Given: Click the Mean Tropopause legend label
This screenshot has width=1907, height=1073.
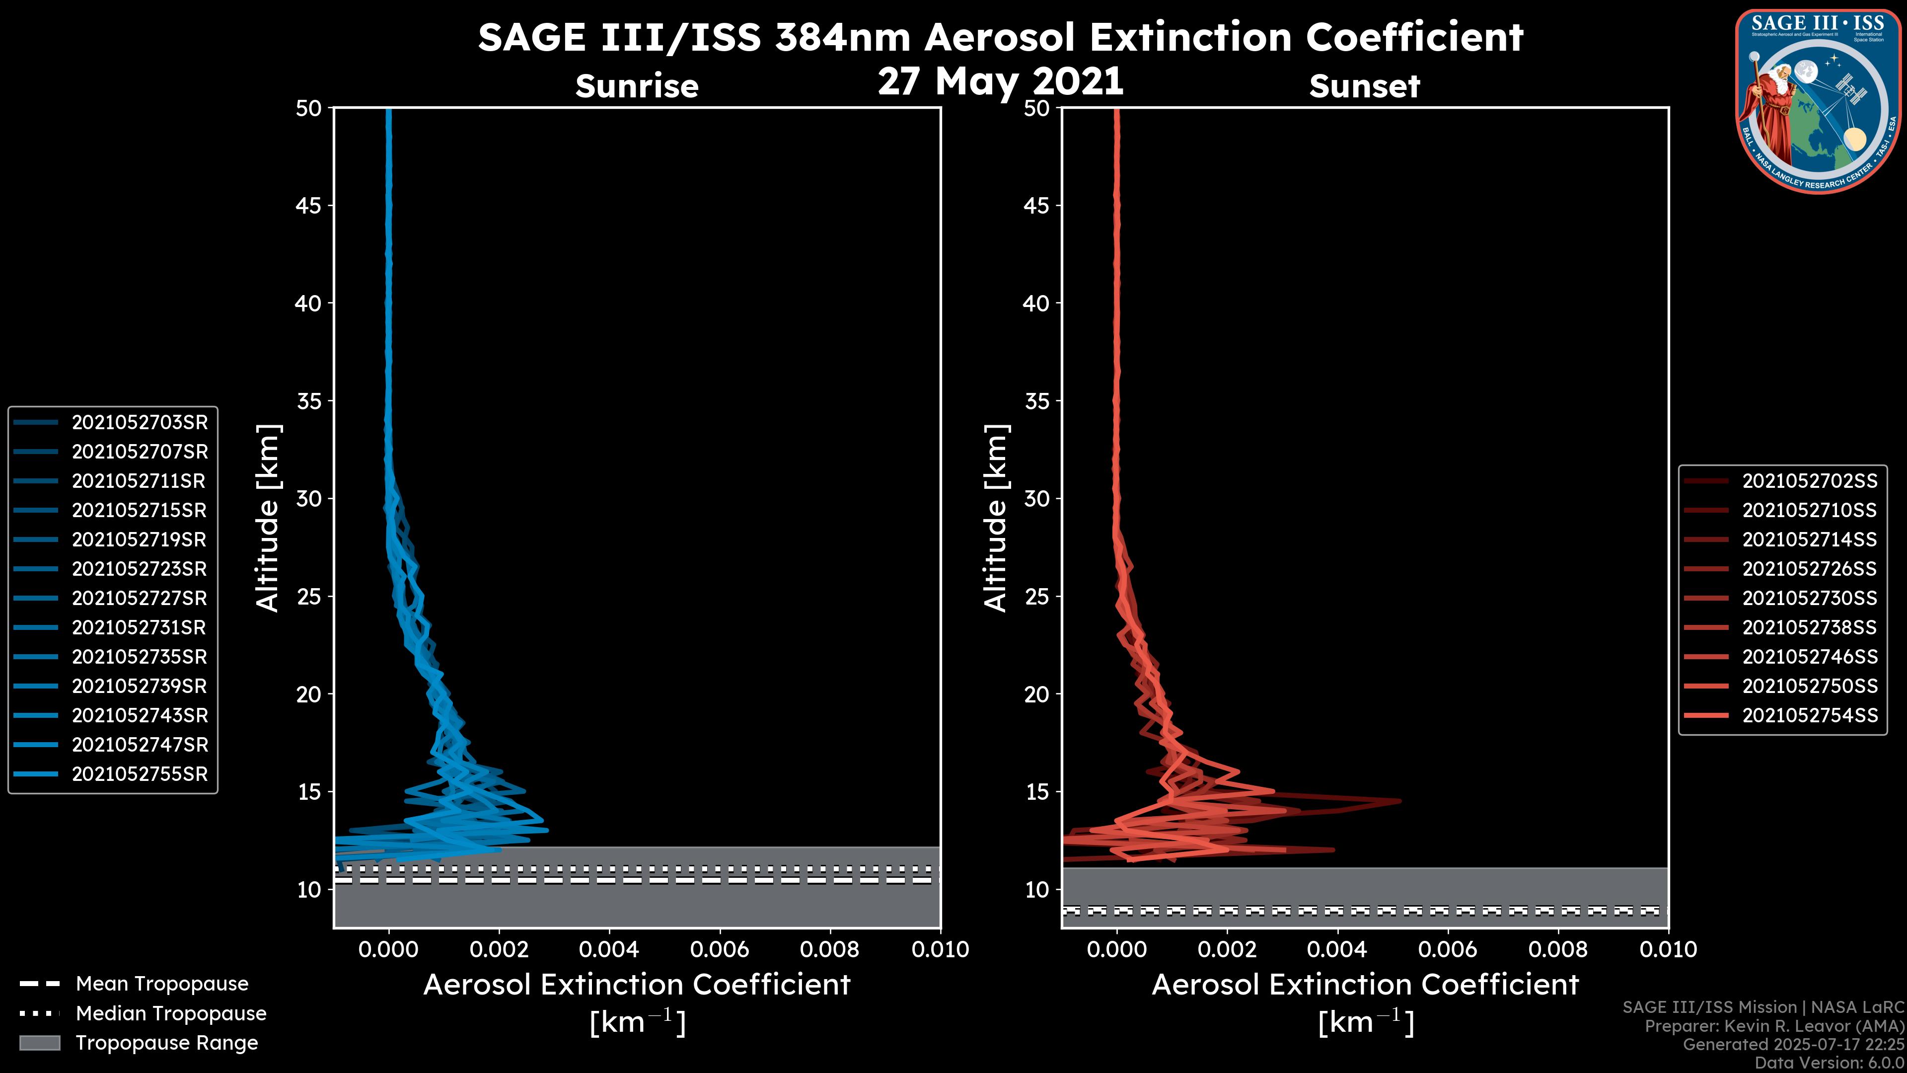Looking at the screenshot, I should click(x=161, y=984).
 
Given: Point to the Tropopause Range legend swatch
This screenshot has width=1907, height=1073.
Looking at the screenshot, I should click(x=39, y=1043).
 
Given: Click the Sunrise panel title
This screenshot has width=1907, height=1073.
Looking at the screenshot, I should click(x=637, y=86).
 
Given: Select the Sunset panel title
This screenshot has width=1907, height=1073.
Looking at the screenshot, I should click(x=1364, y=86).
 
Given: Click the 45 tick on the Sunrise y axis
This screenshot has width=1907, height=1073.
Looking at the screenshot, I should click(x=309, y=205).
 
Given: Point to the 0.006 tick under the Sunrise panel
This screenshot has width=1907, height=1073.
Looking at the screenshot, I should click(x=720, y=949).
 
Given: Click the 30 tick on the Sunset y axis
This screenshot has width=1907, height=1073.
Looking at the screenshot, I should click(x=1037, y=498).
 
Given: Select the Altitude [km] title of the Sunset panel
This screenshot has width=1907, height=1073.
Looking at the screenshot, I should click(x=996, y=518).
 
